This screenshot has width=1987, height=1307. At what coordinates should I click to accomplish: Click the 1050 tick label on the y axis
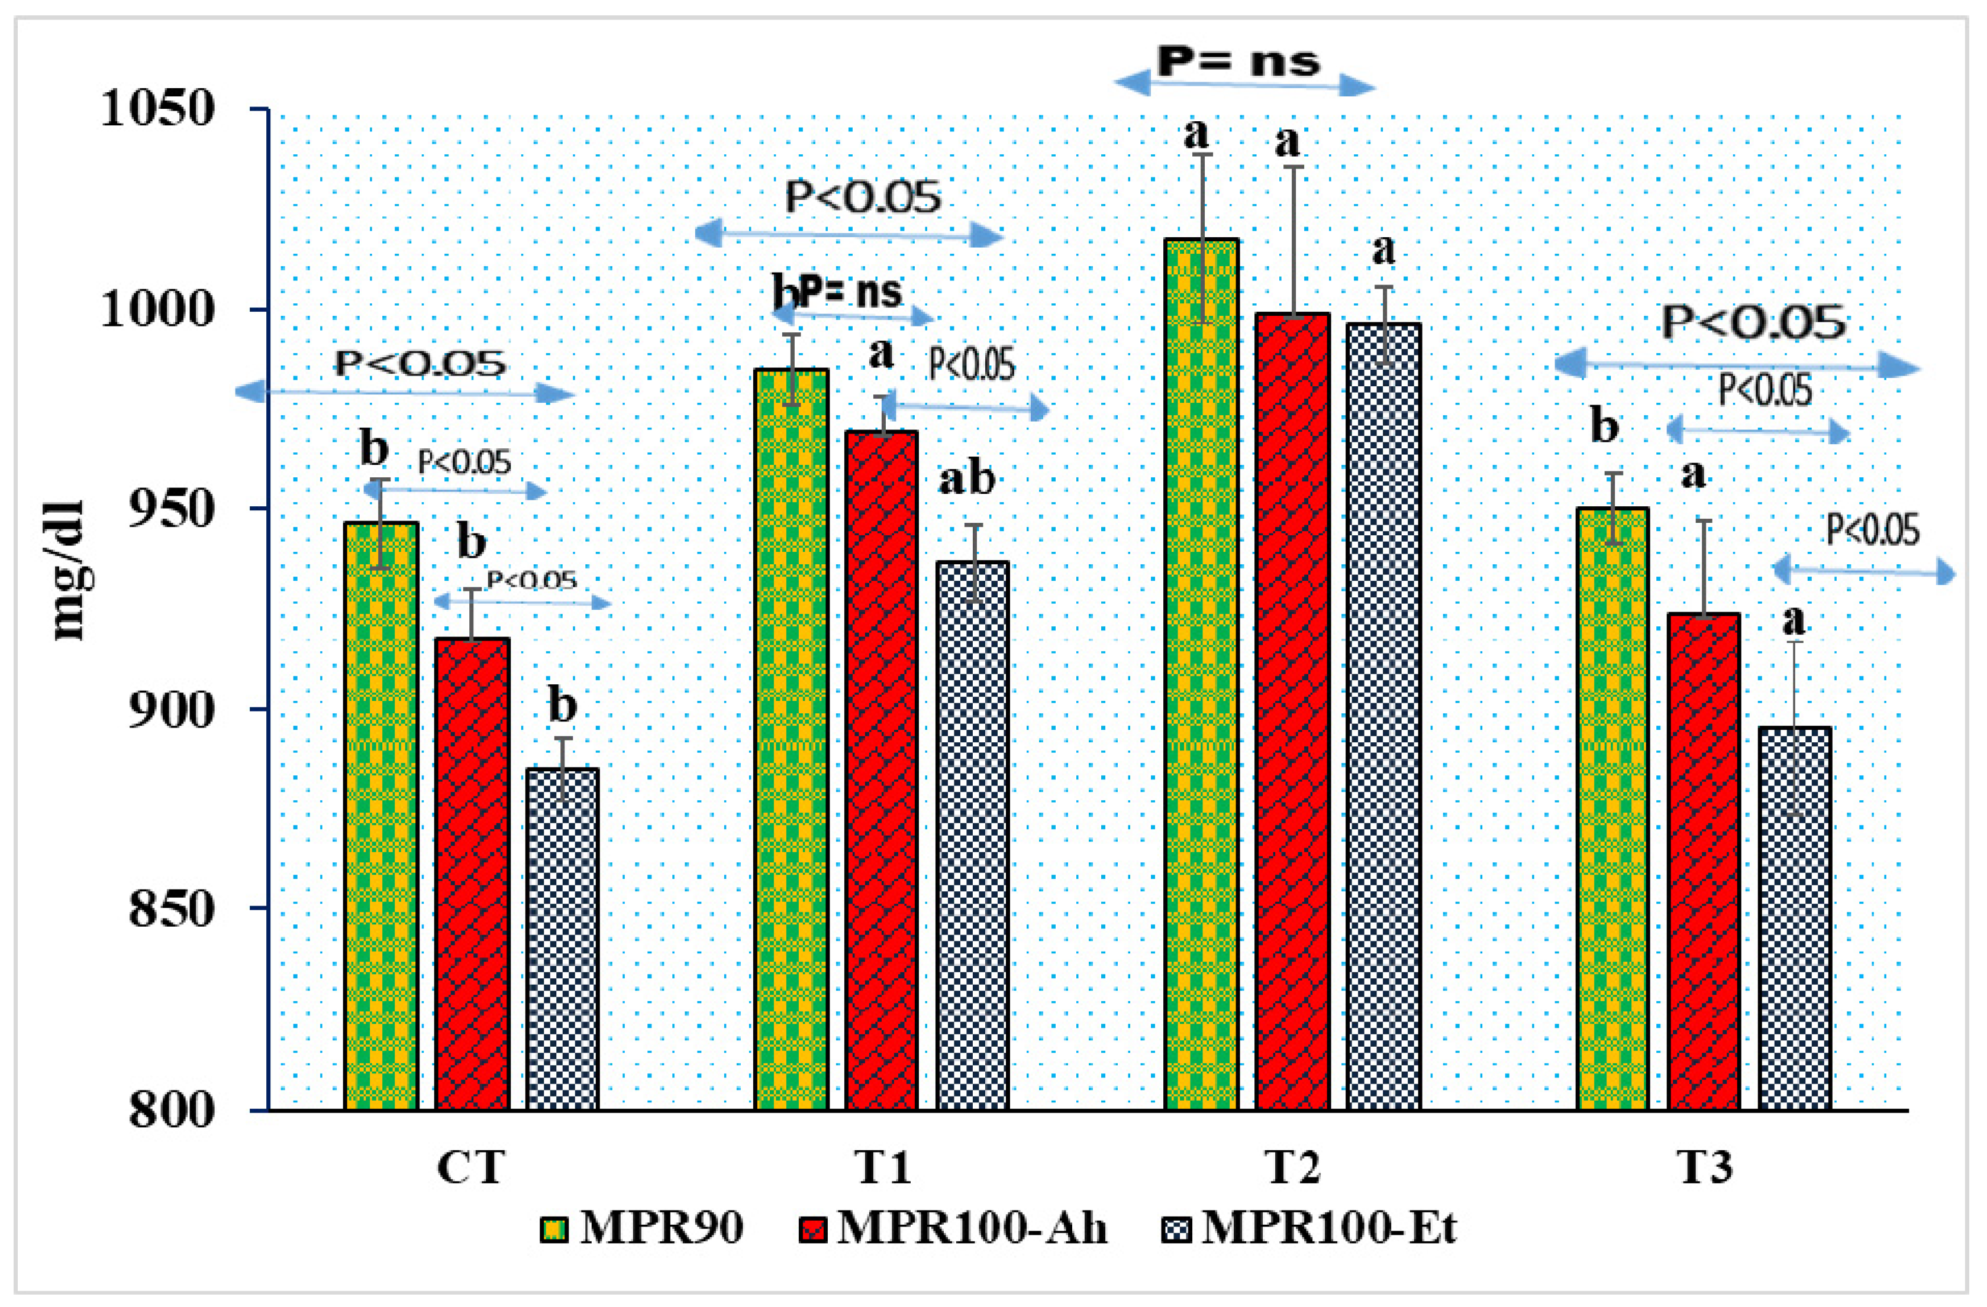point(157,108)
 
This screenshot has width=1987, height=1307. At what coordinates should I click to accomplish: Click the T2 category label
point(1292,1167)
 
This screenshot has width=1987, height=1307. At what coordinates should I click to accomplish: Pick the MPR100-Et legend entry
point(1308,1228)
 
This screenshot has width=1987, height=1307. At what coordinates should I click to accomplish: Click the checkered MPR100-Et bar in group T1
point(972,834)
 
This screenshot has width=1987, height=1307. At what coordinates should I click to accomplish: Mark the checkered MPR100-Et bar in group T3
point(1795,918)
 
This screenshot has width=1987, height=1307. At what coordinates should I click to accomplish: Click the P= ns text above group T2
point(1238,61)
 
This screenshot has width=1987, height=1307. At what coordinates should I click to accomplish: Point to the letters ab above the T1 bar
point(967,480)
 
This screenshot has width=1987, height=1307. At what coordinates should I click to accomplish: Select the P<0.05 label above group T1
point(862,198)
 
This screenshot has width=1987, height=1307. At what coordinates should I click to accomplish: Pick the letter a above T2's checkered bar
point(1383,250)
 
